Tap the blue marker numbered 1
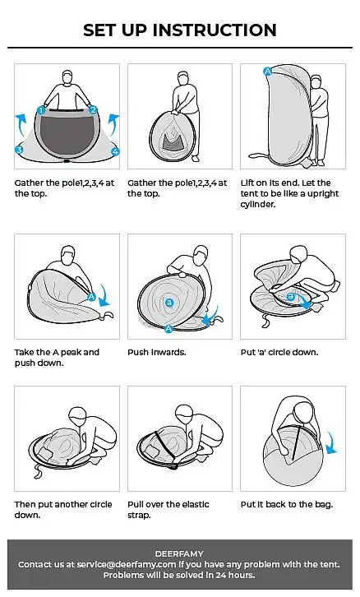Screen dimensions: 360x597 coord(41,111)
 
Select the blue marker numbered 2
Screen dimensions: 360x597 coord(93,110)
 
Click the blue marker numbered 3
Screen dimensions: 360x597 coord(19,150)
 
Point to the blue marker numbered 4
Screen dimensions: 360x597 coord(115,151)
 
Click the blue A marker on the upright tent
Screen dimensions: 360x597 coord(268,72)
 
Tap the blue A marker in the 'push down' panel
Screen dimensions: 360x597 coord(91,297)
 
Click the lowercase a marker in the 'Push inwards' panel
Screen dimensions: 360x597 coord(169,303)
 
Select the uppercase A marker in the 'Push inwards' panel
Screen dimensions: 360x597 coord(168,328)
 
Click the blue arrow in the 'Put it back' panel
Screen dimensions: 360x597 coord(332,442)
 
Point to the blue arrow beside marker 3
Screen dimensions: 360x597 coord(21,123)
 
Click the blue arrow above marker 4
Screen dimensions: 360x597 coord(113,124)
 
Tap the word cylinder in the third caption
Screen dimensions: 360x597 coord(257,205)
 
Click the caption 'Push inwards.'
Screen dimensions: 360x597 coord(157,352)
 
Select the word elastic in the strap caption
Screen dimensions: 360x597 coord(196,504)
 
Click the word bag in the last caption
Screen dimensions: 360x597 coord(324,505)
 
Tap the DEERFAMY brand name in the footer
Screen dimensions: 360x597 coord(179,553)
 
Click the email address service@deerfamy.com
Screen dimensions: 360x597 coord(127,564)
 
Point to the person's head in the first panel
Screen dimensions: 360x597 coord(67,76)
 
